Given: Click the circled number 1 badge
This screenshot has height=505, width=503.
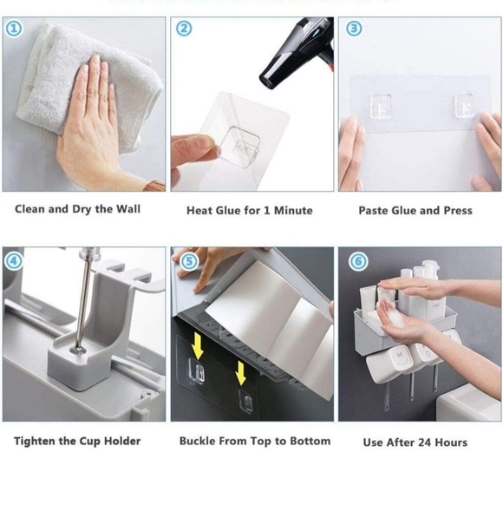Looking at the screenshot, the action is click(14, 29).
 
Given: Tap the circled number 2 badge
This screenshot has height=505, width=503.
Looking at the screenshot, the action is click(184, 29).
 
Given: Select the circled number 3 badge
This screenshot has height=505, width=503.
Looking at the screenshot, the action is click(354, 29).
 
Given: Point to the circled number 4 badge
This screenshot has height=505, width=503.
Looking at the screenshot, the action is click(14, 261).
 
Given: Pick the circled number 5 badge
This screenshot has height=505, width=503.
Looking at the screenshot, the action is click(189, 261).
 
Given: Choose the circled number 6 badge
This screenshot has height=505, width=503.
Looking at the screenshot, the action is click(358, 261).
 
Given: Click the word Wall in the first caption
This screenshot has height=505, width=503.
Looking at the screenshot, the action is click(128, 209).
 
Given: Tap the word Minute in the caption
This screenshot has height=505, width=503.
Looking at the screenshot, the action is click(293, 211).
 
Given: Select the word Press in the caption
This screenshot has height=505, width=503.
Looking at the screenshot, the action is click(458, 210).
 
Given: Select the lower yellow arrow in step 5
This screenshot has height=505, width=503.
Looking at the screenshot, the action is click(240, 372).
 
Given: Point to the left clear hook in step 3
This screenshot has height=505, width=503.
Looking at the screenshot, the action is click(381, 106).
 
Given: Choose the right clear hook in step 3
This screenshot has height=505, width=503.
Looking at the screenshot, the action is click(465, 105).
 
